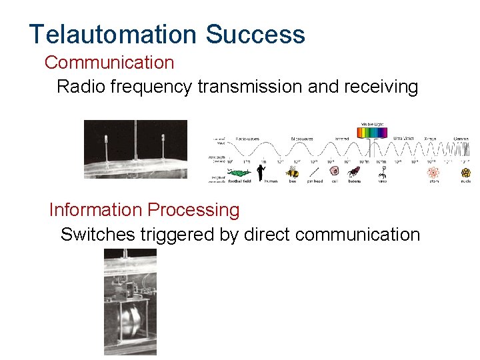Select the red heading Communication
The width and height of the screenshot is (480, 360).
coord(109,63)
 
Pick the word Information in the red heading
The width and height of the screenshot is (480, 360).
coord(95,210)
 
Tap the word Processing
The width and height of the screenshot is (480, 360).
coord(193,210)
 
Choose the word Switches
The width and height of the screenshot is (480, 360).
coord(97,235)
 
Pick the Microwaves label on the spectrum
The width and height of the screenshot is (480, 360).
coord(303,139)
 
